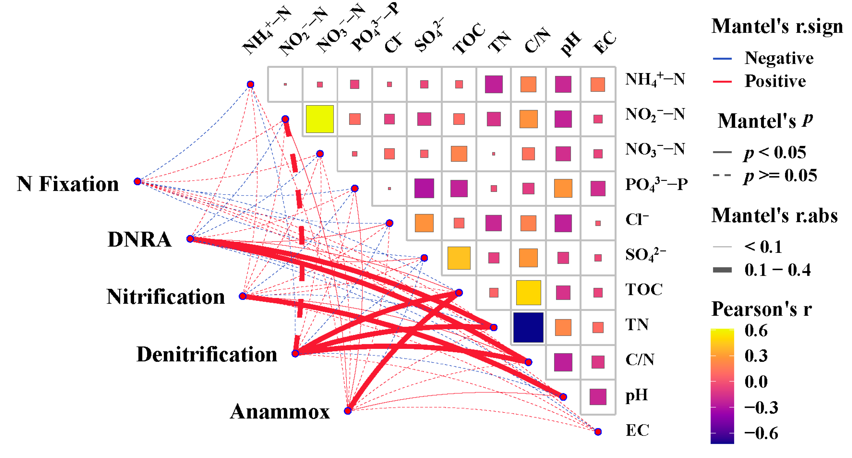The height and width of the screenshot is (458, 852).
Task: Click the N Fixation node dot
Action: [138, 181]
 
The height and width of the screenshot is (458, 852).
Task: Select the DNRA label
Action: [139, 239]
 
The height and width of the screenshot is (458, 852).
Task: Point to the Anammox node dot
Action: [348, 411]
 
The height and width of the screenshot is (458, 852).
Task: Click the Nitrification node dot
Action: [243, 296]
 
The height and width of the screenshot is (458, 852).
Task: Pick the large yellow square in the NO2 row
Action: [319, 119]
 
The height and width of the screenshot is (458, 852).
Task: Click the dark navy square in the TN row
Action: [528, 327]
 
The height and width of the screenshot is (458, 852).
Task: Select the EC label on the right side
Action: [637, 430]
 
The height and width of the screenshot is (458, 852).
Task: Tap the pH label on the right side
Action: [636, 395]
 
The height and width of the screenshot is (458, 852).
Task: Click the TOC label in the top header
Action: [469, 39]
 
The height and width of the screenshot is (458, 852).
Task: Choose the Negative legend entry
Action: [779, 58]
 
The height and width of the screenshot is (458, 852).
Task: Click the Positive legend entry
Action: [775, 81]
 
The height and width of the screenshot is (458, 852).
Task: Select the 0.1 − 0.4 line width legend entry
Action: [777, 270]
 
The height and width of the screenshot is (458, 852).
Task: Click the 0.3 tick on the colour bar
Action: [756, 355]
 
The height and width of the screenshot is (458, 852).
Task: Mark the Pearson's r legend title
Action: [761, 309]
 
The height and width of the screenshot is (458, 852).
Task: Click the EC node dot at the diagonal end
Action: [598, 431]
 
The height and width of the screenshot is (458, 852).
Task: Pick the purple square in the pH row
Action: [598, 396]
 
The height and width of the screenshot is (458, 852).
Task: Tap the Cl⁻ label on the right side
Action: [637, 220]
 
